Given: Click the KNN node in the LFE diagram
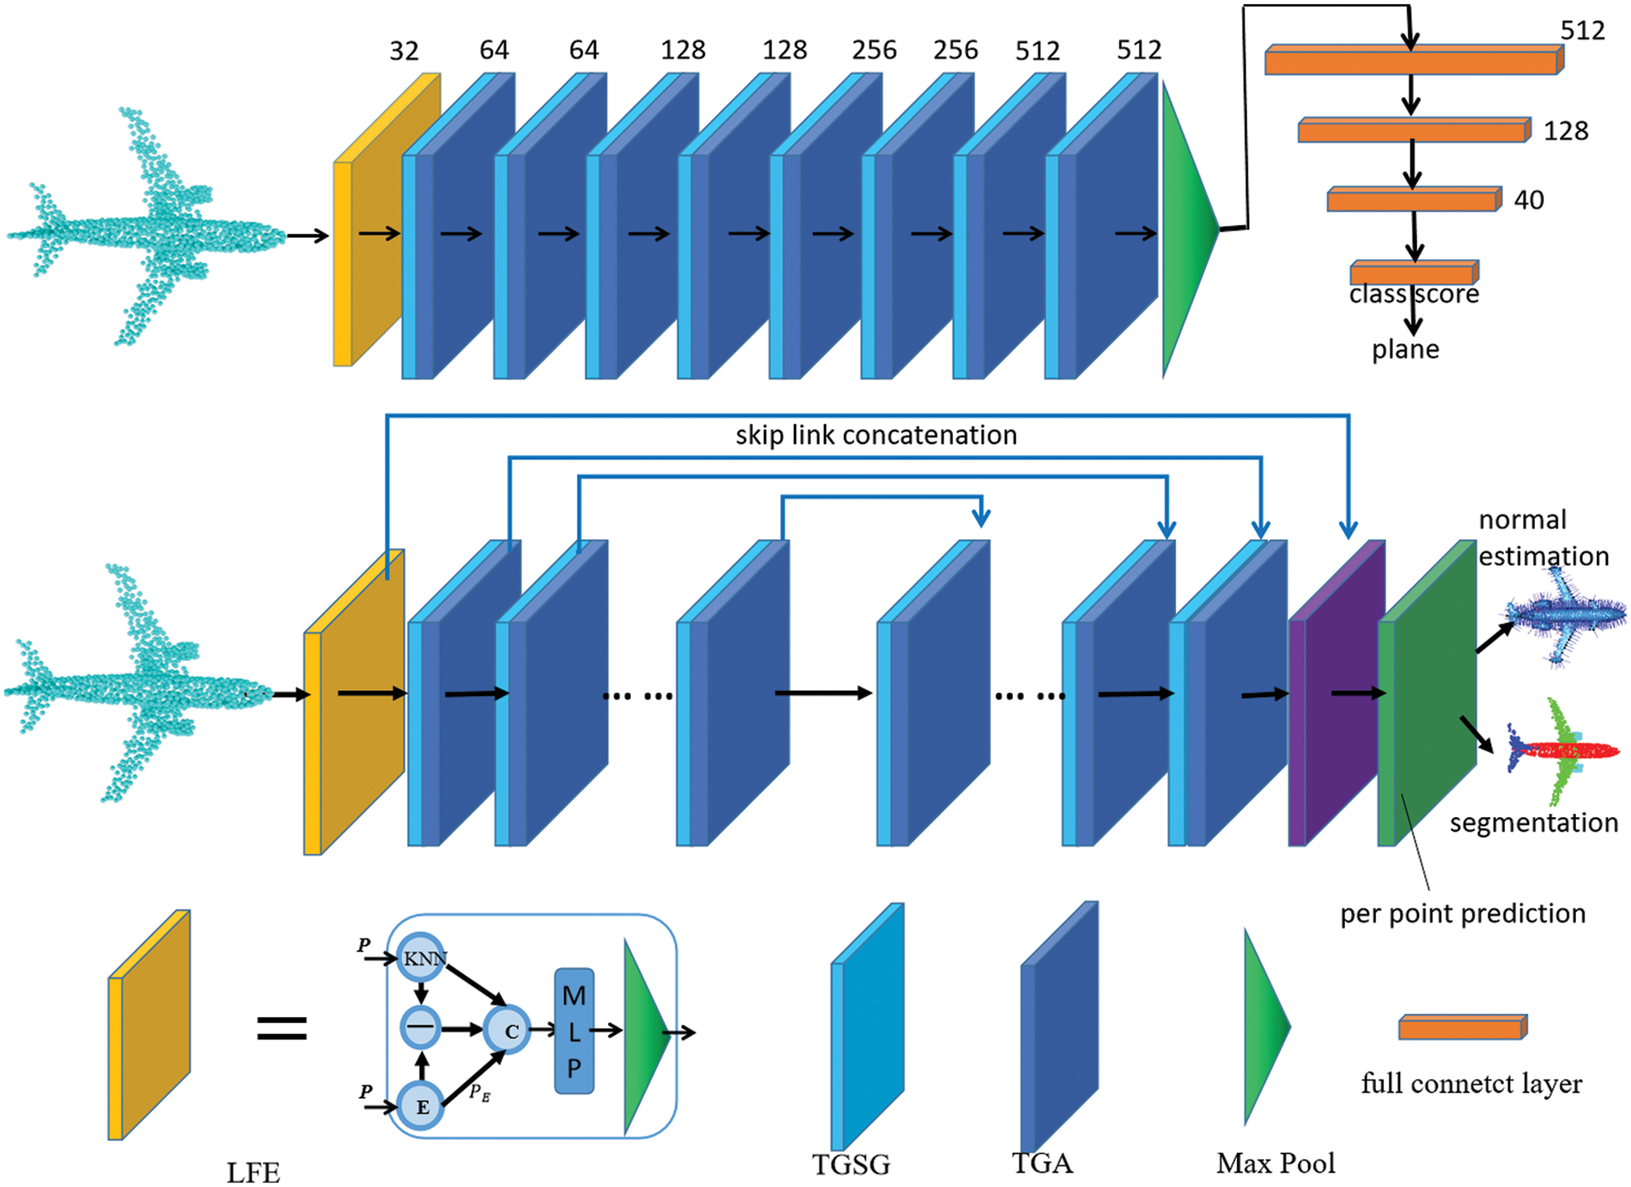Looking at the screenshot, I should tap(421, 958).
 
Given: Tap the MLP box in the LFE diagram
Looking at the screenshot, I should tap(573, 1031).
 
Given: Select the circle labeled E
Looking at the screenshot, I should tap(421, 1105).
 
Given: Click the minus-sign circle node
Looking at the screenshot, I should tap(421, 1027).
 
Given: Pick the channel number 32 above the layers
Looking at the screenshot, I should tap(403, 51).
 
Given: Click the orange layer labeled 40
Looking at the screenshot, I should tap(1411, 201).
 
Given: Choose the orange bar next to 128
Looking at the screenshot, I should tap(1411, 131).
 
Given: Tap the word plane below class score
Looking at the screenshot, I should tap(1404, 349).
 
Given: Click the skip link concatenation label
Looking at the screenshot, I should tap(876, 435).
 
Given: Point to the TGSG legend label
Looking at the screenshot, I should tap(851, 1164).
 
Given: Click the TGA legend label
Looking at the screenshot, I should tap(1041, 1163).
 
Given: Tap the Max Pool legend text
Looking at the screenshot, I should tap(1276, 1163).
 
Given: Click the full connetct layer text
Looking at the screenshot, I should tap(1470, 1083).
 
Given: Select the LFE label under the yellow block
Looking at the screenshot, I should tap(253, 1172).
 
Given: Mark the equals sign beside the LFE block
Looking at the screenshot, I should tap(282, 1028).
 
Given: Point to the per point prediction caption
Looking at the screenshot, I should tap(1462, 913).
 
